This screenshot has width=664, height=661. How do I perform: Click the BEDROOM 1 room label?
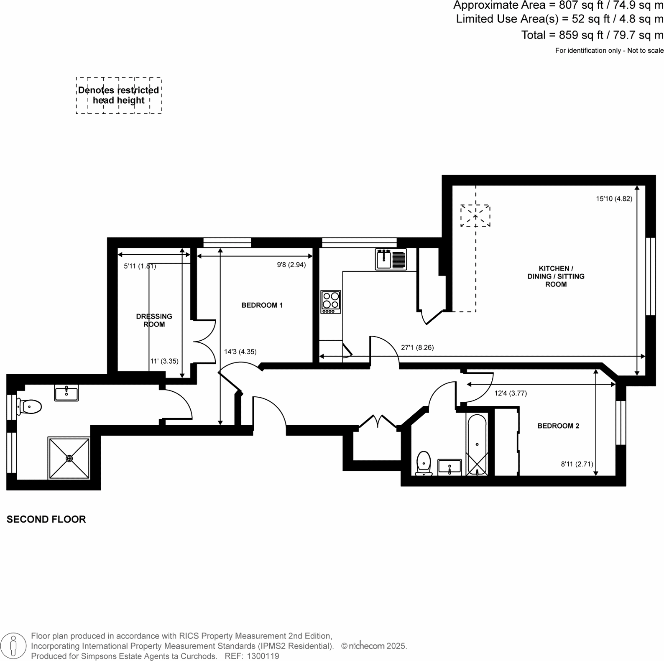coord(262,305)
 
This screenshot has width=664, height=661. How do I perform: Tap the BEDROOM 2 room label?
coord(558,426)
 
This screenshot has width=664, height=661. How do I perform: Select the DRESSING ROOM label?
coord(154,320)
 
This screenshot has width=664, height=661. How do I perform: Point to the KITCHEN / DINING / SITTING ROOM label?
coord(556,276)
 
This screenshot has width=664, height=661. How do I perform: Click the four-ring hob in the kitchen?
coord(331,301)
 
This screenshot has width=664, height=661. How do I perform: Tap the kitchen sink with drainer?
coord(391,259)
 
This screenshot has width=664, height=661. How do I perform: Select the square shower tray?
coord(69,458)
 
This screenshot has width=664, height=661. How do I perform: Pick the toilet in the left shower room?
coord(30,406)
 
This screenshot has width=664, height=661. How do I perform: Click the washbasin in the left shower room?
coord(66,393)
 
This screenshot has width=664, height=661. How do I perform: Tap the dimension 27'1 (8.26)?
coord(417,347)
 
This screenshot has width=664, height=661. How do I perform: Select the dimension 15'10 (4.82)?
coord(614,199)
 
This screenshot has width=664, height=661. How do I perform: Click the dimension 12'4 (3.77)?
coord(510,393)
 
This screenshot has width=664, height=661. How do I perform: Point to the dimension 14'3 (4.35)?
coord(240,352)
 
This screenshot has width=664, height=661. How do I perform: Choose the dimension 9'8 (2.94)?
coord(291,265)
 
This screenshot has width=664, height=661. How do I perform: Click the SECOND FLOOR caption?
coord(46,519)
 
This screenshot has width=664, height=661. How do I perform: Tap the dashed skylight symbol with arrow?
coord(475,215)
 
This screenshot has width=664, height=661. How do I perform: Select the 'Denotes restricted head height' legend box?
coord(119,95)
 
